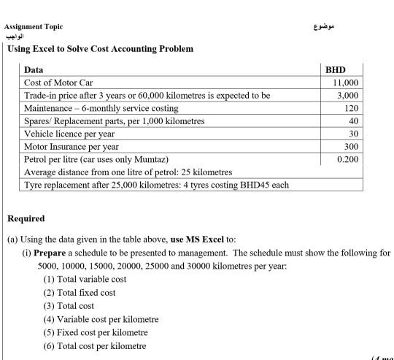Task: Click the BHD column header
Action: [336, 69]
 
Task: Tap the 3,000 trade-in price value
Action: [348, 96]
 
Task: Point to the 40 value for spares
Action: [354, 120]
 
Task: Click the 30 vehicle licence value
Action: [354, 133]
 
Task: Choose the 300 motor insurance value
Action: [352, 146]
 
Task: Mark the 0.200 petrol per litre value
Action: [348, 158]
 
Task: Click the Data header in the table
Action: [34, 70]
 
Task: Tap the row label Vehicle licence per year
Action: [69, 134]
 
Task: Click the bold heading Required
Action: [26, 218]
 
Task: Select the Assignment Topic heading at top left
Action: [34, 26]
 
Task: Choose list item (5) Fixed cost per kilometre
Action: [96, 332]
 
